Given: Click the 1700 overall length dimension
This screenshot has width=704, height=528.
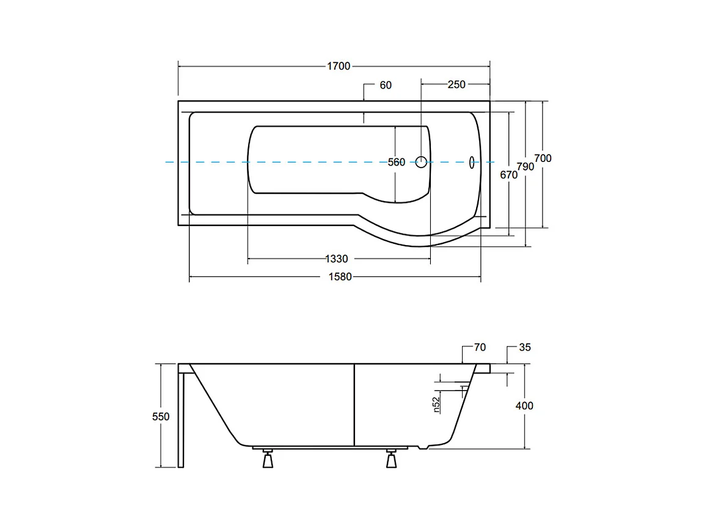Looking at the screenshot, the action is pyautogui.click(x=339, y=67).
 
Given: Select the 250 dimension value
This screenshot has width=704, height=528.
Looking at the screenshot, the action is pyautogui.click(x=457, y=84).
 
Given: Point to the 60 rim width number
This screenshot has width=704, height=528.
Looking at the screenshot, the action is pyautogui.click(x=386, y=86).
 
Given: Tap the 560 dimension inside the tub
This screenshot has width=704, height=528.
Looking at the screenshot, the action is pyautogui.click(x=397, y=162).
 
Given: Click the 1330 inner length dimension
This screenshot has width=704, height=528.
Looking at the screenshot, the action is pyautogui.click(x=337, y=259).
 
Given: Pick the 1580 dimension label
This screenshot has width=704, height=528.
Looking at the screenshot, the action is pyautogui.click(x=340, y=277).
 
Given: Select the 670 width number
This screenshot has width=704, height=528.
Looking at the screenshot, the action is pyautogui.click(x=508, y=175).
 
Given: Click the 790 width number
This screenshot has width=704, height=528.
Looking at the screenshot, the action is pyautogui.click(x=526, y=167).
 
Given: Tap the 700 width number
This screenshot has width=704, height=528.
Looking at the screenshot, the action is pyautogui.click(x=543, y=158).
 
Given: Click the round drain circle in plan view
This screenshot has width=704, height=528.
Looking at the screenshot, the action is pyautogui.click(x=421, y=162).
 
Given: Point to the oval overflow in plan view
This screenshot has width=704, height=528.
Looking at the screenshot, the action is pyautogui.click(x=472, y=162).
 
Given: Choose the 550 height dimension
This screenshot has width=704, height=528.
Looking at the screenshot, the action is pyautogui.click(x=161, y=417).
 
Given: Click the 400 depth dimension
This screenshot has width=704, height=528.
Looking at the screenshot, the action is pyautogui.click(x=524, y=406).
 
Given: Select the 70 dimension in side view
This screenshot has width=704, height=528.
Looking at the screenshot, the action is pyautogui.click(x=480, y=348).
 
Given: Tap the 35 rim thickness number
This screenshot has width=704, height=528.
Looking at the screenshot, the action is pyautogui.click(x=525, y=348).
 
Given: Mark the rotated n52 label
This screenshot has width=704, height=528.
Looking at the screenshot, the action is pyautogui.click(x=436, y=402).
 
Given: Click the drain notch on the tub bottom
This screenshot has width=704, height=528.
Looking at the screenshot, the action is pyautogui.click(x=422, y=447).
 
